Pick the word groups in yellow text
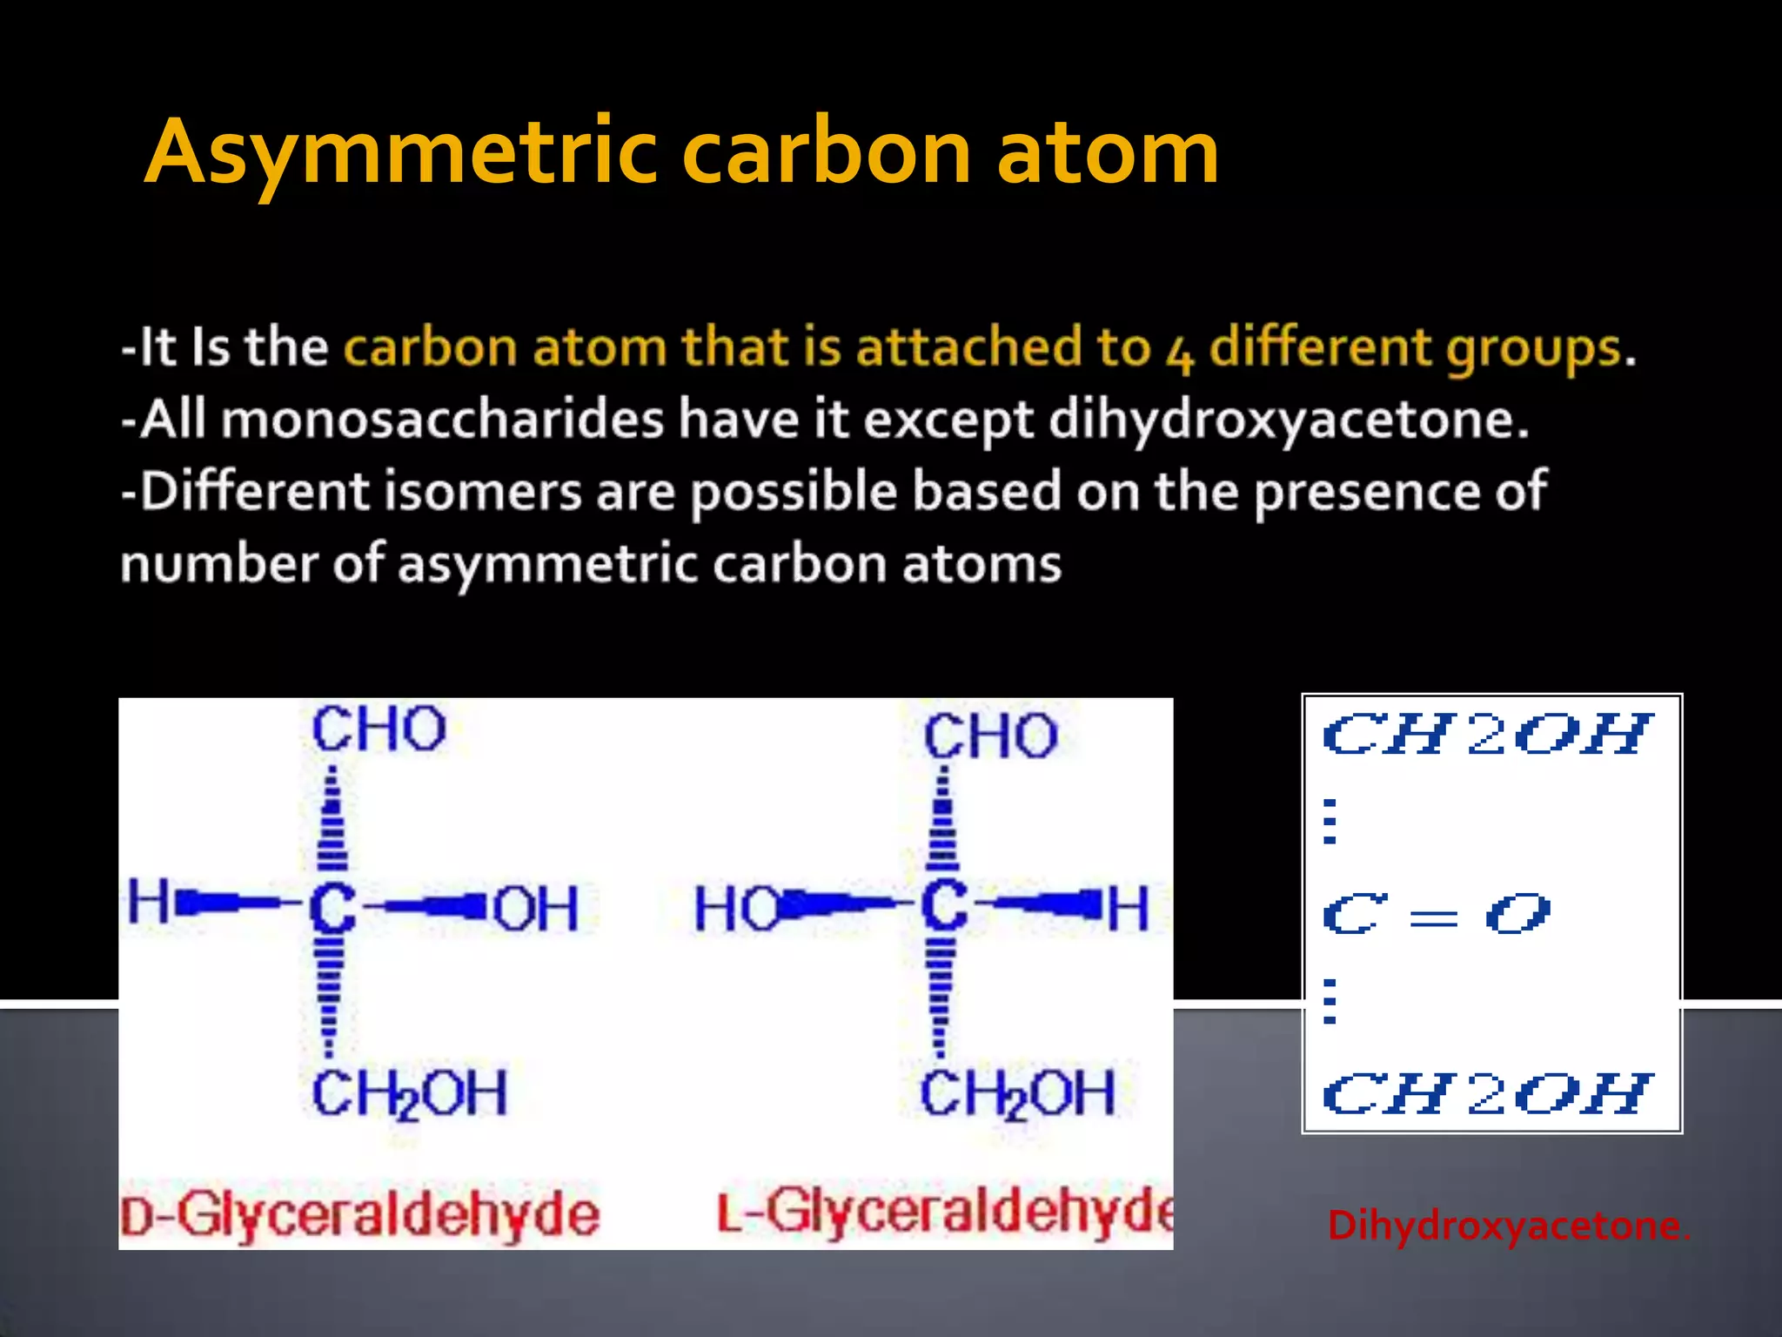click(x=1535, y=350)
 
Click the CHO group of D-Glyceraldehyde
click(x=379, y=729)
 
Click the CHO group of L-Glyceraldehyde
click(x=990, y=736)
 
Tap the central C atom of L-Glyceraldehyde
click(x=944, y=907)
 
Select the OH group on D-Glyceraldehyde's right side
click(x=535, y=909)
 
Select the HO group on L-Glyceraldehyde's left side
click(x=736, y=909)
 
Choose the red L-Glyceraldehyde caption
click(x=945, y=1212)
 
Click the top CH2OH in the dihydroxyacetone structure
click(x=1486, y=735)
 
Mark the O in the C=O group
click(x=1517, y=914)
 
